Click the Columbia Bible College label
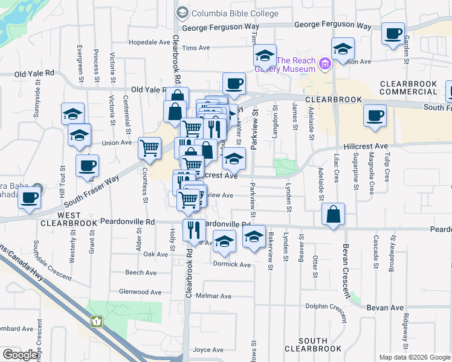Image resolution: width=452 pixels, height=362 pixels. pos(235,13)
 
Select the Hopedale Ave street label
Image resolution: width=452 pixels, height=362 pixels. pos(150,43)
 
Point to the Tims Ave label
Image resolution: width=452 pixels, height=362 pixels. pos(195,48)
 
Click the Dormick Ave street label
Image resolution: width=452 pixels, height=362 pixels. pos(231,264)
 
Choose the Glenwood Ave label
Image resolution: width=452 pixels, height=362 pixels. pos(140,292)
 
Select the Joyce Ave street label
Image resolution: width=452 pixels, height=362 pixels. pos(208,349)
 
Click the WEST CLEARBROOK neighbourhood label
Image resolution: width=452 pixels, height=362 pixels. pos(68,219)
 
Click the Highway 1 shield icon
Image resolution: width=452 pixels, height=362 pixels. pos(97,322)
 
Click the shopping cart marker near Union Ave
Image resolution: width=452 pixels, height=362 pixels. pos(149,147)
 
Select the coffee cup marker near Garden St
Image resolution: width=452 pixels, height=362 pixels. pos(393,34)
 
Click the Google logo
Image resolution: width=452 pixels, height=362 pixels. pos(21,355)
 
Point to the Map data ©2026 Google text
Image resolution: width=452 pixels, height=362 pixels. pos(414,357)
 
